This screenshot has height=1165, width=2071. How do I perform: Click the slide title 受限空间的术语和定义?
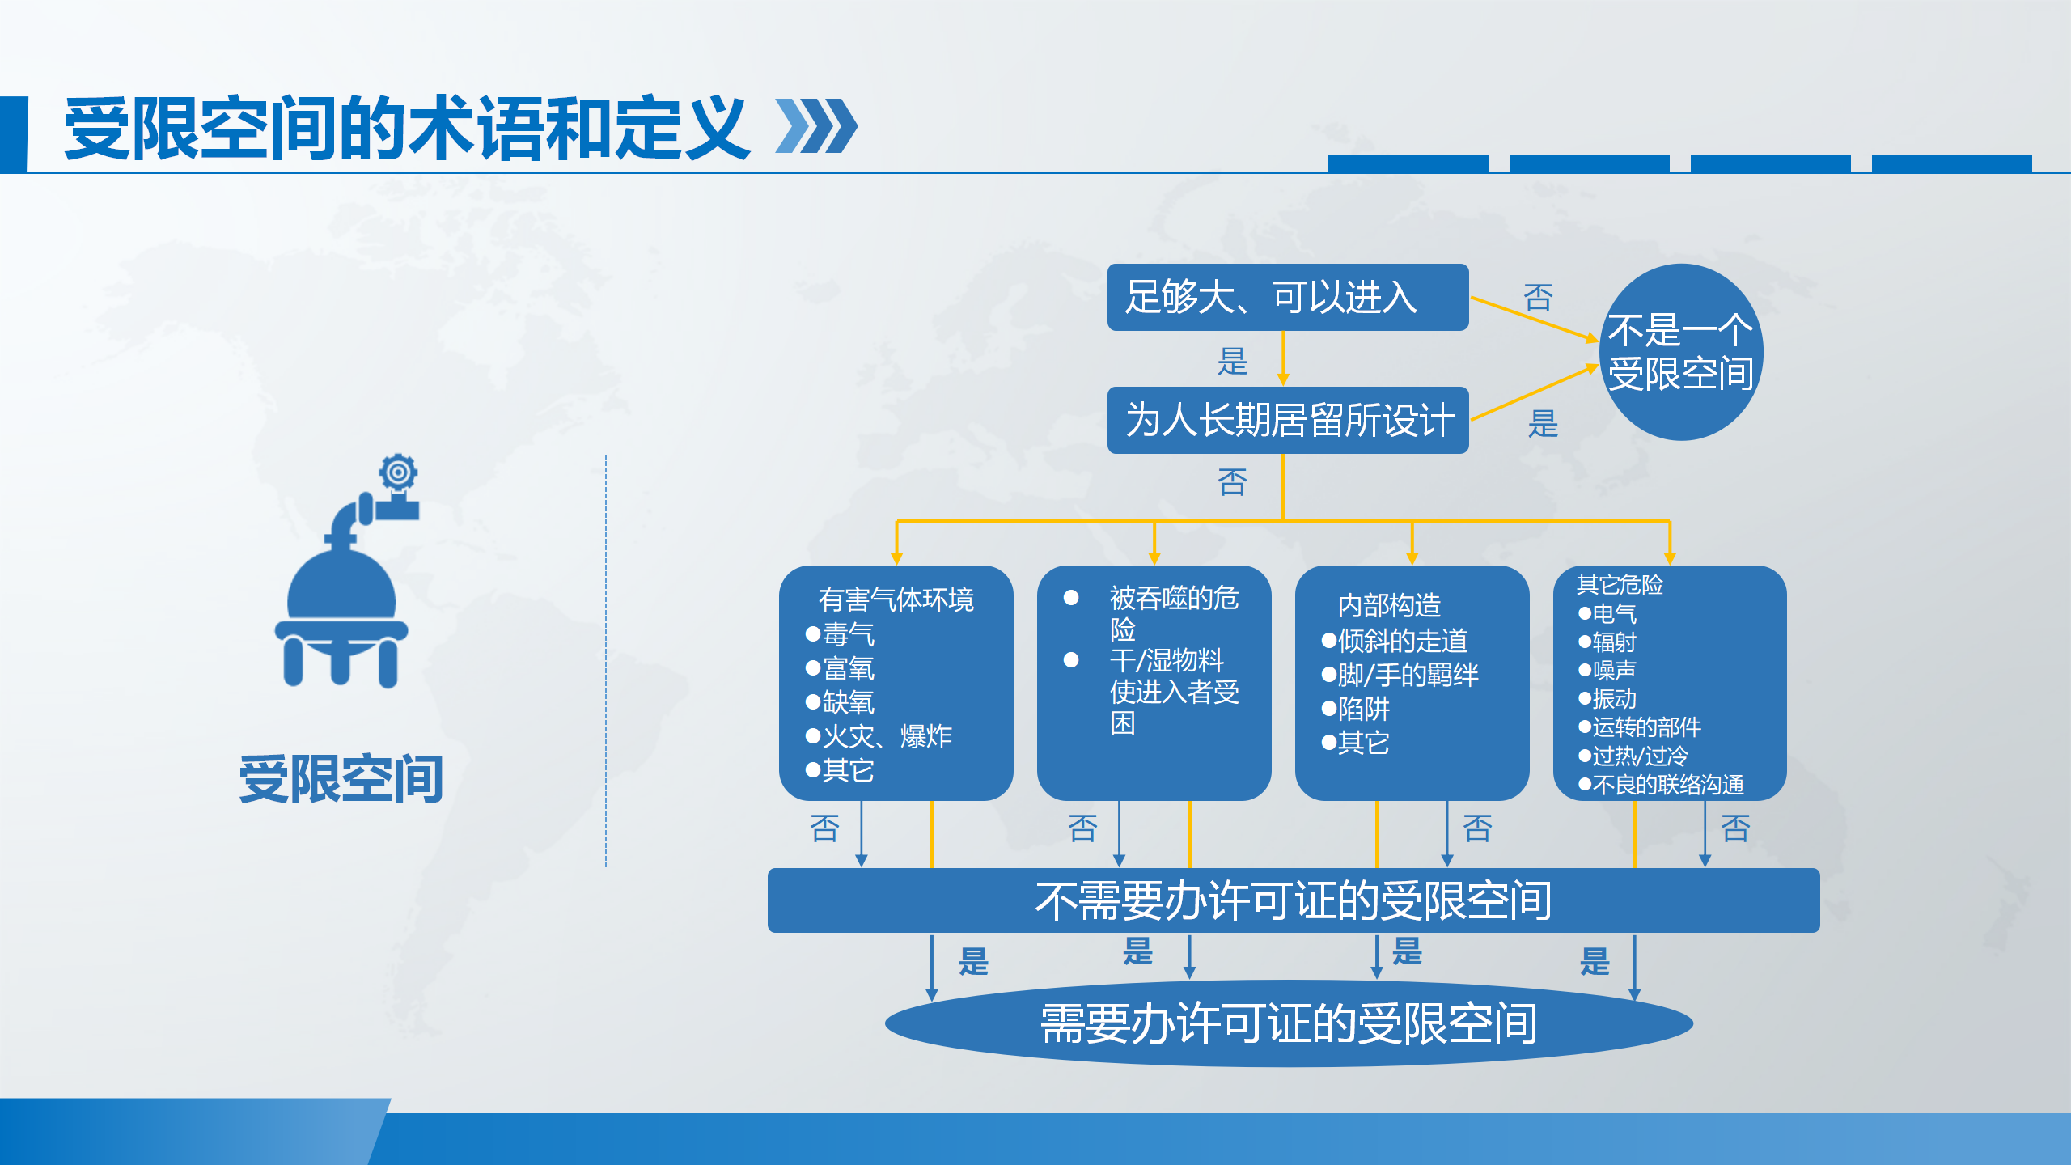[406, 128]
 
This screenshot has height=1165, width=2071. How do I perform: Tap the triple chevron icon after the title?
[816, 126]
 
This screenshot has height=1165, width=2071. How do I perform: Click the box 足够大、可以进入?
[1287, 297]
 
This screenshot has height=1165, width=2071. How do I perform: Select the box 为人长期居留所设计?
[1287, 420]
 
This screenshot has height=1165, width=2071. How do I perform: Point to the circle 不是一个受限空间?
[1681, 352]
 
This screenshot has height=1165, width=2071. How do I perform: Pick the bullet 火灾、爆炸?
[879, 736]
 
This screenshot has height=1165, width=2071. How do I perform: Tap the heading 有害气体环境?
[896, 599]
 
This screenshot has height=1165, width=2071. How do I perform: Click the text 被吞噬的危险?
[1174, 613]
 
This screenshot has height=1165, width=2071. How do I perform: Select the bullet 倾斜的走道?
[1395, 641]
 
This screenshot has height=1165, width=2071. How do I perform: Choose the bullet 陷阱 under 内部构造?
[1356, 709]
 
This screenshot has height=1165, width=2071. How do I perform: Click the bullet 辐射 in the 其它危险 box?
[1607, 642]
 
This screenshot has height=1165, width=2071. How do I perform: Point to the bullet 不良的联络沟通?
[1661, 785]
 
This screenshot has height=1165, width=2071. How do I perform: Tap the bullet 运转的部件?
[1640, 727]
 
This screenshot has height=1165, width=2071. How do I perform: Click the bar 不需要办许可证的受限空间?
[1294, 900]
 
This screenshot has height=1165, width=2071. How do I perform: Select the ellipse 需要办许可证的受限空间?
[1289, 1023]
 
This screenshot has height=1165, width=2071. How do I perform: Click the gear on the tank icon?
[398, 472]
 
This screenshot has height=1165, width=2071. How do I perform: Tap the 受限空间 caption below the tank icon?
[341, 779]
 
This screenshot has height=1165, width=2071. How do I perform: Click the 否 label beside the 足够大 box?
[1538, 298]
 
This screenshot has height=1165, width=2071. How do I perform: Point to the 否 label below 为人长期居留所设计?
[1232, 482]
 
